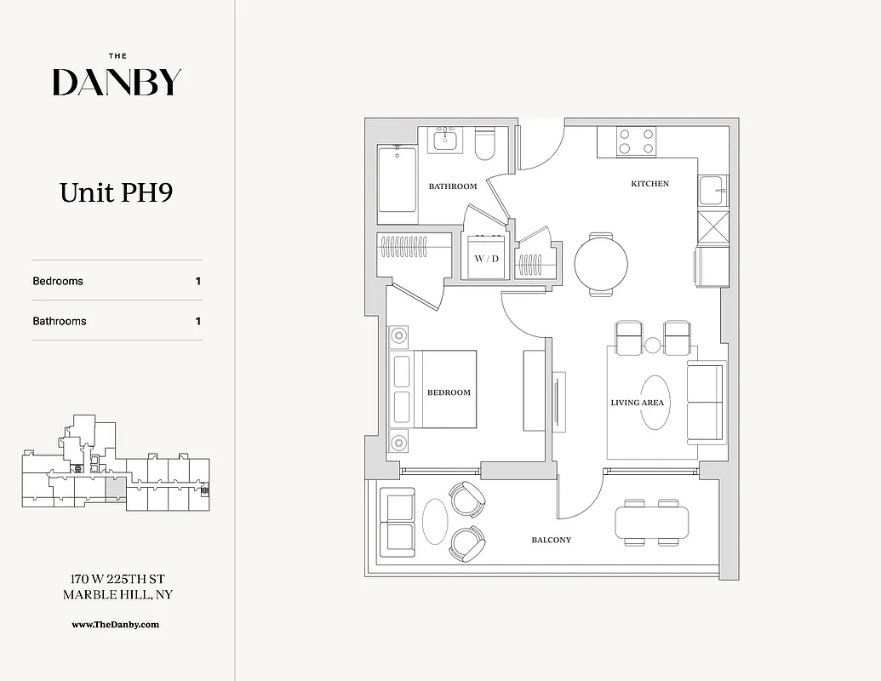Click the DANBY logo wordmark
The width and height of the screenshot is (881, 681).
117,82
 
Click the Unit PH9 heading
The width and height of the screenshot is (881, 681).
117,192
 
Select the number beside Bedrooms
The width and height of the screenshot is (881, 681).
198,281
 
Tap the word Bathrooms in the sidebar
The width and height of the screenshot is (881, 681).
60,321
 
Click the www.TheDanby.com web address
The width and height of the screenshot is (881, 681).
116,624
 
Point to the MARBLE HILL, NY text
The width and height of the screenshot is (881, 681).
117,594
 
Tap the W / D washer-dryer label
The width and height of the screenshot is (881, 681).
486,258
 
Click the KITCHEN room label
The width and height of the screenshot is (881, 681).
649,184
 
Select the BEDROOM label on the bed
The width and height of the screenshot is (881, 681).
449,392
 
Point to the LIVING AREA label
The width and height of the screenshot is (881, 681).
637,403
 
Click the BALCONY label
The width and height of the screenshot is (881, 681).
551,540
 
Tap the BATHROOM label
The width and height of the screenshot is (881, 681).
452,186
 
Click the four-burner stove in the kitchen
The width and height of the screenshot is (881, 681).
636,140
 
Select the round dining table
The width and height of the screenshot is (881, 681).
601,264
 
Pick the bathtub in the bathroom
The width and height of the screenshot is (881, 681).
398,178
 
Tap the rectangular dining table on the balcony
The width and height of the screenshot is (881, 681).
652,522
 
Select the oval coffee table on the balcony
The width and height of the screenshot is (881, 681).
433,522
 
